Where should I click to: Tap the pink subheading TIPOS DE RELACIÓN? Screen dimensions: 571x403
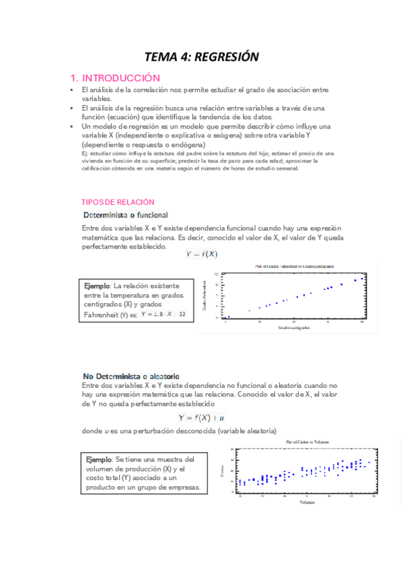coord(118,202)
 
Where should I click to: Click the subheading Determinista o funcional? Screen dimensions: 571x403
coord(126,215)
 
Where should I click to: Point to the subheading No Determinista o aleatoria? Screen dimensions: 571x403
coord(131,376)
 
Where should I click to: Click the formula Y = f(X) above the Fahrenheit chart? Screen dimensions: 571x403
coord(201,254)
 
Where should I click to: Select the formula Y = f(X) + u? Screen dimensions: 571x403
coord(201,417)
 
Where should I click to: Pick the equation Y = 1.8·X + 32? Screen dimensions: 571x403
coord(163,314)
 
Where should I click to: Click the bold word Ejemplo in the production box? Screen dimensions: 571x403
coord(99,459)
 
